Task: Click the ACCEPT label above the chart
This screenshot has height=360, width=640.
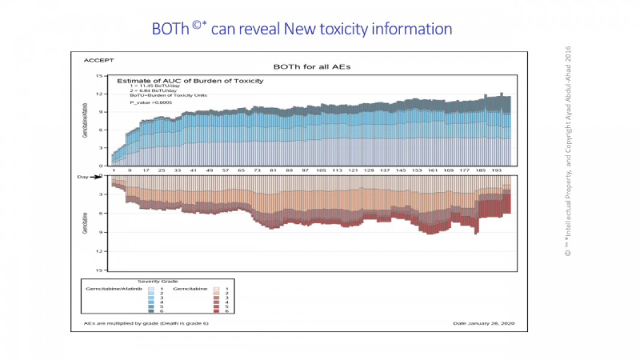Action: coord(98,61)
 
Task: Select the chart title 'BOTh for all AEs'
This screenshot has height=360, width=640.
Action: coord(311,67)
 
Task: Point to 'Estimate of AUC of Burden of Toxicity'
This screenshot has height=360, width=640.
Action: coord(190,80)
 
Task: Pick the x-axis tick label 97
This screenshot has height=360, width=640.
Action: coord(305,170)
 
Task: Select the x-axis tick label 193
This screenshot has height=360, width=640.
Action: coord(497,170)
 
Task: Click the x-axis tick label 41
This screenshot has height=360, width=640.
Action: coord(193,170)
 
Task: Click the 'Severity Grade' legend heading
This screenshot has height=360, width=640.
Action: coord(157,281)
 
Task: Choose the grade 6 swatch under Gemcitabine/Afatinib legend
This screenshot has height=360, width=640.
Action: coord(151,311)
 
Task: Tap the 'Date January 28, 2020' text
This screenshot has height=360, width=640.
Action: coord(482,323)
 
